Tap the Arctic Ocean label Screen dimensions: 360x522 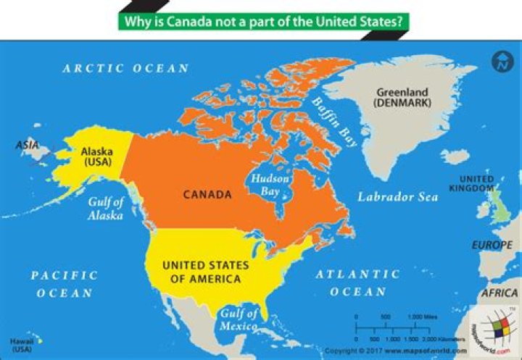click(125, 68)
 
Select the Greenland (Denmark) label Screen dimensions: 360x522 click(403, 97)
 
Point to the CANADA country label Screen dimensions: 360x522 click(207, 194)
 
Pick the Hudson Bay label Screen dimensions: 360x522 click(269, 184)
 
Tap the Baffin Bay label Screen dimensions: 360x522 click(334, 123)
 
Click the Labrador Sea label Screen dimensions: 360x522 click(397, 197)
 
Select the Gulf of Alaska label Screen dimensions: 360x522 click(106, 209)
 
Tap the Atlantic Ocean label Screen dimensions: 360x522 click(357, 282)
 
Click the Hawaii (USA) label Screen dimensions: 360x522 click(22, 345)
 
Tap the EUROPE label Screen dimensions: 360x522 click(492, 245)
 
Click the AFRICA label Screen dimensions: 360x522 click(500, 293)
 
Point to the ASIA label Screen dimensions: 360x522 click(28, 146)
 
